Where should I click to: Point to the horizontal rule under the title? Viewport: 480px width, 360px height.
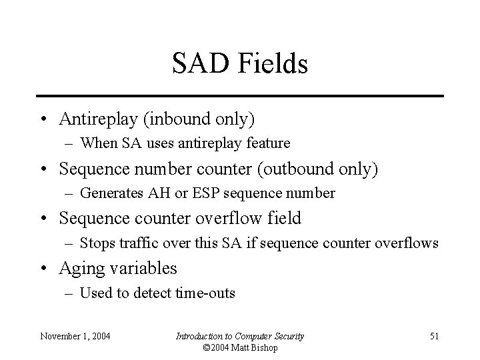pyautogui.click(x=240, y=96)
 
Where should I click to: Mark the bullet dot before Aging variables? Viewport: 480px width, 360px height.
pyautogui.click(x=42, y=269)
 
